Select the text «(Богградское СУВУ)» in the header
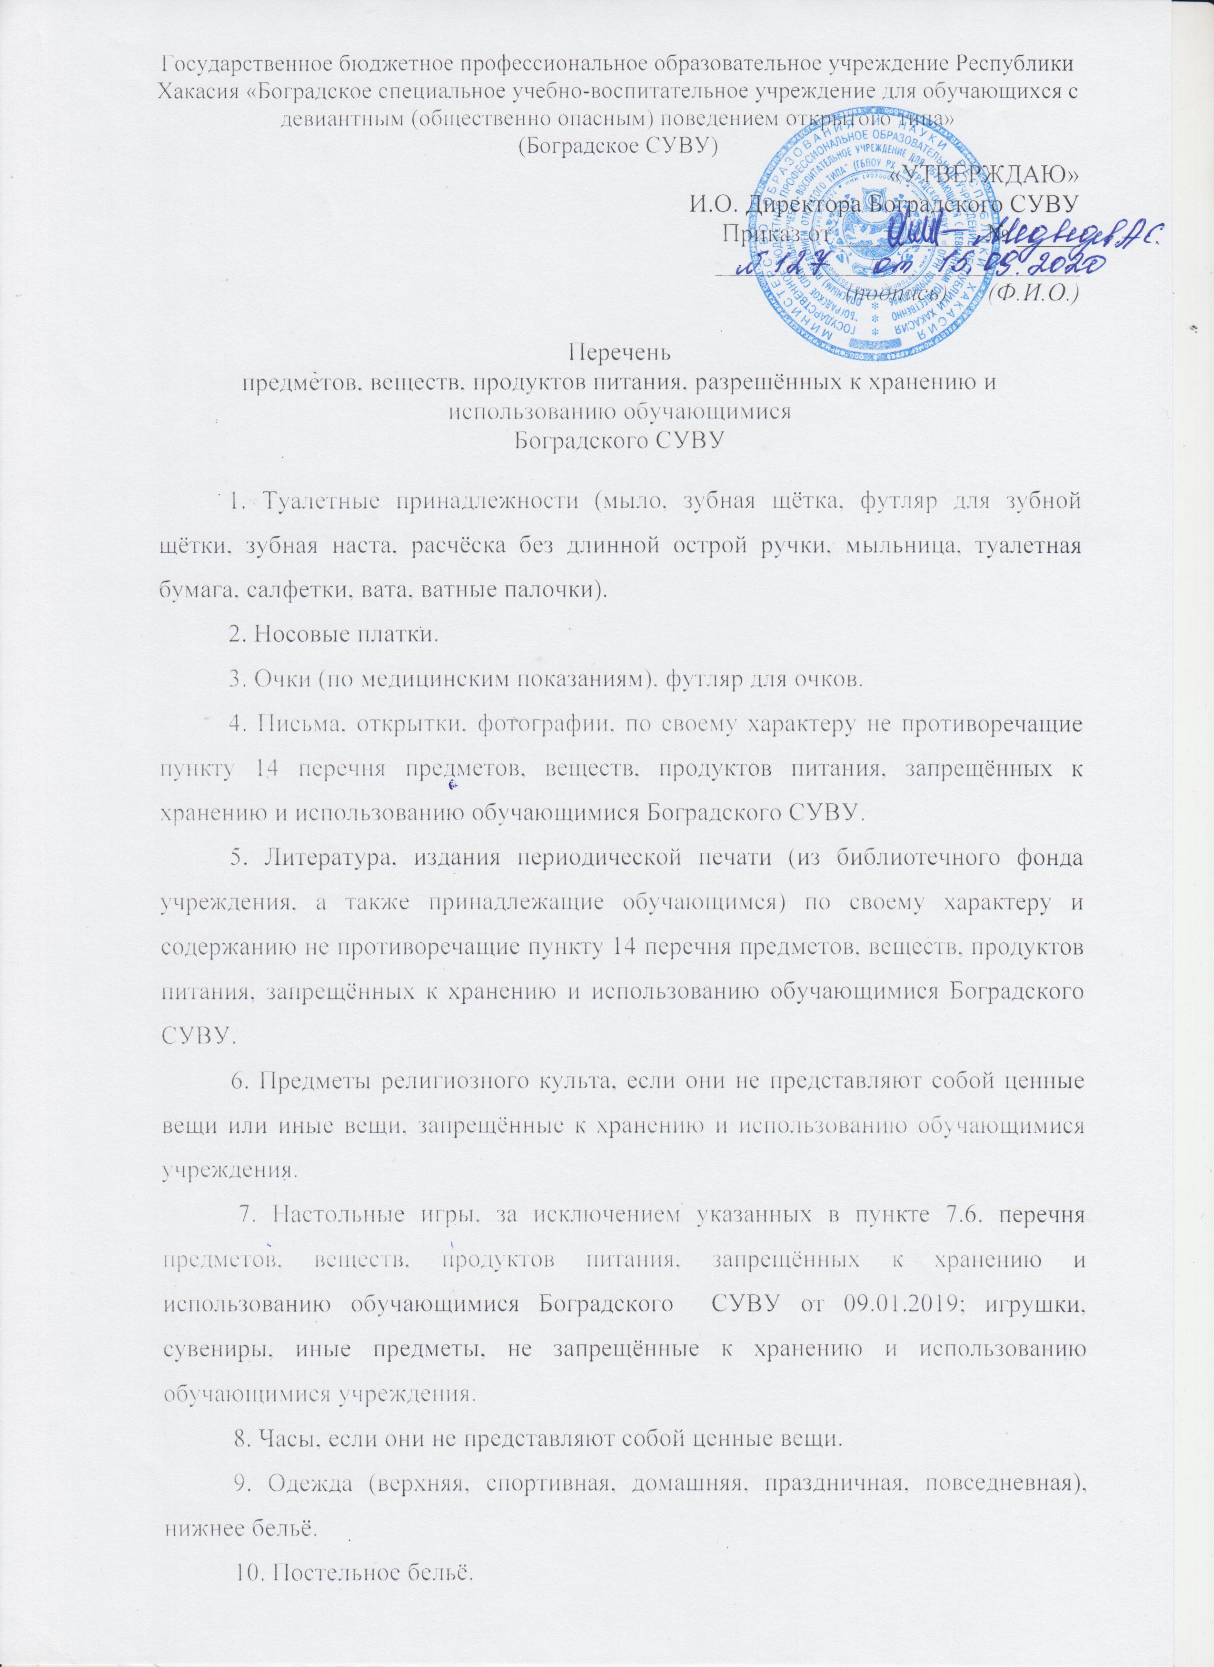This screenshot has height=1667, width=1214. click(x=619, y=145)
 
